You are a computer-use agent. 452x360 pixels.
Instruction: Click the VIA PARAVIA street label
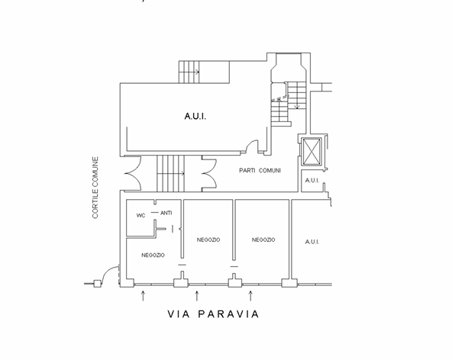pyautogui.click(x=213, y=314)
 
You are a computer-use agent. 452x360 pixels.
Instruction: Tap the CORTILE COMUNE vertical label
pyautogui.click(x=95, y=188)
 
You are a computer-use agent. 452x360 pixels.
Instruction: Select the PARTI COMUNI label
pyautogui.click(x=260, y=171)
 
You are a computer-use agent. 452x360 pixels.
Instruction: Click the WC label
pyautogui.click(x=140, y=215)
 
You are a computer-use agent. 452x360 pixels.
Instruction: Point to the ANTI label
pyautogui.click(x=166, y=213)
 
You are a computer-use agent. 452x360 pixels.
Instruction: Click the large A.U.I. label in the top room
pyautogui.click(x=195, y=117)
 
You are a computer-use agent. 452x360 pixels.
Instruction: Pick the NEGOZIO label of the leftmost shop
pyautogui.click(x=153, y=256)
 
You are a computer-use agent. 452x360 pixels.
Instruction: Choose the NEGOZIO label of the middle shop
pyautogui.click(x=208, y=239)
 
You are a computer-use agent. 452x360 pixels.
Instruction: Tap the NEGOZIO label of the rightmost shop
pyautogui.click(x=263, y=239)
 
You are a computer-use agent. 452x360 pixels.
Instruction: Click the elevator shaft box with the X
pyautogui.click(x=312, y=152)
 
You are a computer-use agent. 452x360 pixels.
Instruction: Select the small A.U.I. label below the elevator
pyautogui.click(x=312, y=181)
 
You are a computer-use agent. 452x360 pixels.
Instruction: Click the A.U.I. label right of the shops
pyautogui.click(x=312, y=242)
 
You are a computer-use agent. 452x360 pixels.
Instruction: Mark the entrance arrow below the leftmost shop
pyautogui.click(x=143, y=296)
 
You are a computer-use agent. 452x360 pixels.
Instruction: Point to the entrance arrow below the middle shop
pyautogui.click(x=197, y=296)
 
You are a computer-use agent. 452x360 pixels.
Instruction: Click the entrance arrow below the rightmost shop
pyautogui.click(x=250, y=296)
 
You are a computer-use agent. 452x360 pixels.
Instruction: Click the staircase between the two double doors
pyautogui.click(x=171, y=174)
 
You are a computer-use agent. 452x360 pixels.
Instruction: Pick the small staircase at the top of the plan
pyautogui.click(x=189, y=72)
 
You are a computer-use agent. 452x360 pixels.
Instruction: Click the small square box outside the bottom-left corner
pyautogui.click(x=98, y=284)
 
